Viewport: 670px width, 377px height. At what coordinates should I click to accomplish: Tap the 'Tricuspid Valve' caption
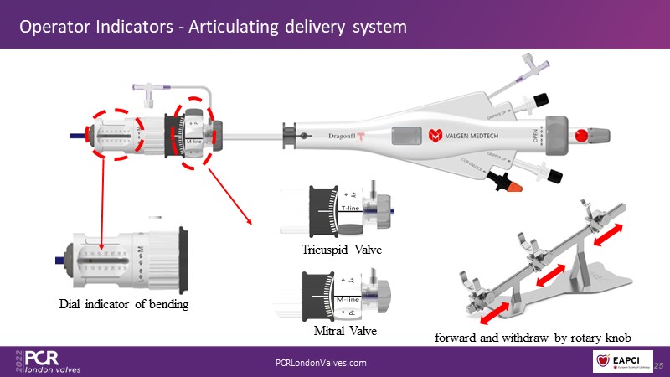pos(340,250)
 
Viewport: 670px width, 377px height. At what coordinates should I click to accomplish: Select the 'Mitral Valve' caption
pos(345,331)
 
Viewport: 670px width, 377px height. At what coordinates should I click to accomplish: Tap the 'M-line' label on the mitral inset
pos(348,298)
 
